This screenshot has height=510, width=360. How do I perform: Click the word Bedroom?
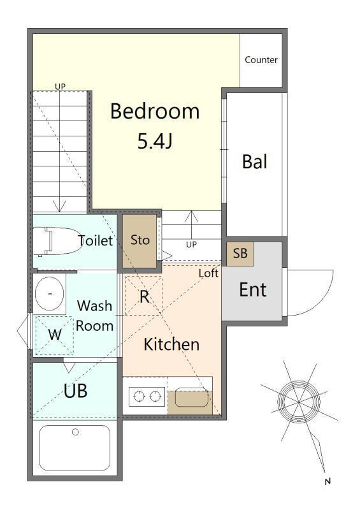pyautogui.click(x=155, y=111)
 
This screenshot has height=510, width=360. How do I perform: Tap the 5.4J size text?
pyautogui.click(x=155, y=141)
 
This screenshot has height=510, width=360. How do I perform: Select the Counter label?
pyautogui.click(x=261, y=60)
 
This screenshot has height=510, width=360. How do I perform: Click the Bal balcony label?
pyautogui.click(x=255, y=162)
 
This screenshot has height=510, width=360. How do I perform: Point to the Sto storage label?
pyautogui.click(x=140, y=240)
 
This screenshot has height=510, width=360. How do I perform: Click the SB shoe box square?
pyautogui.click(x=240, y=253)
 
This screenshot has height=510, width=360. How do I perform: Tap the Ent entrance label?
pyautogui.click(x=253, y=290)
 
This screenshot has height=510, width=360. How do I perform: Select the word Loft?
pyautogui.click(x=208, y=273)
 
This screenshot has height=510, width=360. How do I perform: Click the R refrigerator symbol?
pyautogui.click(x=144, y=296)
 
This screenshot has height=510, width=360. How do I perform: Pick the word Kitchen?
pyautogui.click(x=171, y=344)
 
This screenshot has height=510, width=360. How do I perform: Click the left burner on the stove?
pyautogui.click(x=139, y=396)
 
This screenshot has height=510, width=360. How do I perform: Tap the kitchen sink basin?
pyautogui.click(x=192, y=397)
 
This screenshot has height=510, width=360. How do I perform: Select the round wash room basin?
pyautogui.click(x=50, y=293)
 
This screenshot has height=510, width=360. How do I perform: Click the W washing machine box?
pyautogui.click(x=54, y=335)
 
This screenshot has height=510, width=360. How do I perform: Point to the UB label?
pyautogui.click(x=75, y=391)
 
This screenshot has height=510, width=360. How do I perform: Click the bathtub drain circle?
pyautogui.click(x=75, y=432)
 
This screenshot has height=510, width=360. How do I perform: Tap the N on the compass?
pyautogui.click(x=328, y=482)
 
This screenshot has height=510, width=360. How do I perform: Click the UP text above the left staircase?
pyautogui.click(x=60, y=87)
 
